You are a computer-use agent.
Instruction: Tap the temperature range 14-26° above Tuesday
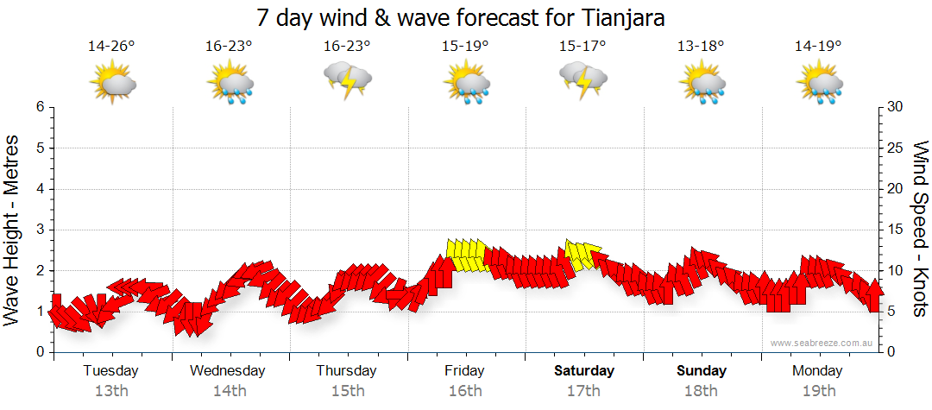click(x=111, y=47)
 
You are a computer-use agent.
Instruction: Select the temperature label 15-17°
click(x=582, y=47)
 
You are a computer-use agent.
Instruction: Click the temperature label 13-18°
click(x=700, y=47)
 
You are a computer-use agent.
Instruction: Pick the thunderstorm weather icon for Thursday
click(x=347, y=80)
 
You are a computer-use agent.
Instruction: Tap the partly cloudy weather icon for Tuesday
click(x=112, y=83)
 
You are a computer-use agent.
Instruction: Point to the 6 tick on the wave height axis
click(x=40, y=107)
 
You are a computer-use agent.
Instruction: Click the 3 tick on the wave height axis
click(x=40, y=230)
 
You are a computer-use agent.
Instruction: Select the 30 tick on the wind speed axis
click(x=896, y=107)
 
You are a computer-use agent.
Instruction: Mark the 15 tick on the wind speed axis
click(x=896, y=230)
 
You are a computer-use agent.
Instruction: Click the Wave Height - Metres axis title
click(x=13, y=230)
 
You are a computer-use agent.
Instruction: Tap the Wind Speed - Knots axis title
click(x=920, y=230)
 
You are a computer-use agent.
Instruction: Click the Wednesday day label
click(x=228, y=371)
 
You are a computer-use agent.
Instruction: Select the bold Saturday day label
click(x=583, y=371)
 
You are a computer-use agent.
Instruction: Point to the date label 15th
click(x=347, y=391)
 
